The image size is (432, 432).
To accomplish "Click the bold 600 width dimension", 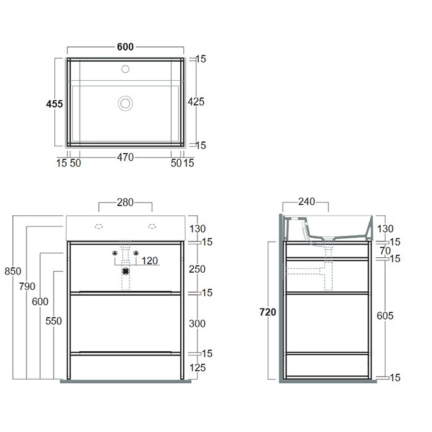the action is click(125, 47).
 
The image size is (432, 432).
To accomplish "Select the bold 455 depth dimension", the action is click(54, 104).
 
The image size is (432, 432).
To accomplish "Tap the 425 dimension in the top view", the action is click(196, 102).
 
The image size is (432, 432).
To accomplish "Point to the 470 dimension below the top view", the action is click(125, 157).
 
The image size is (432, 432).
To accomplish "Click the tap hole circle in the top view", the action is click(125, 69).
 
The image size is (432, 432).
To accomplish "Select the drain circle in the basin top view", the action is click(125, 103).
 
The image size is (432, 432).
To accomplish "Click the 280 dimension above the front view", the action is click(125, 202).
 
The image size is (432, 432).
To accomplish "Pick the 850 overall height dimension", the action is click(13, 271).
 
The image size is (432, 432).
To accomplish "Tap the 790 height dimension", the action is click(27, 286).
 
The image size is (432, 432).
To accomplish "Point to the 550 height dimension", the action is click(54, 321).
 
